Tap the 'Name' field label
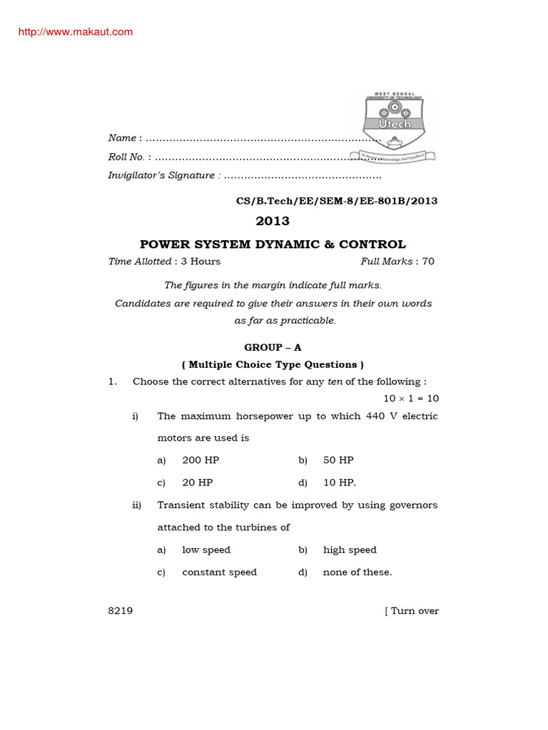click(122, 138)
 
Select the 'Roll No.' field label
click(126, 157)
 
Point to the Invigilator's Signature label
click(161, 175)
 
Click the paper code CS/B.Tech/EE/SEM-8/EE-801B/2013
click(337, 201)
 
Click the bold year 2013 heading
click(273, 221)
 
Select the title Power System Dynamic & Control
click(273, 245)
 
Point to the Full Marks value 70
click(428, 262)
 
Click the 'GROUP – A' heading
click(273, 347)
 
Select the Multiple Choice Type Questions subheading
click(273, 364)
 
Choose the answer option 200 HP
click(201, 460)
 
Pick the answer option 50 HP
click(338, 460)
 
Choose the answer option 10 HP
click(339, 483)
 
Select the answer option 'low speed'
click(206, 550)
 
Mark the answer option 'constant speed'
click(219, 572)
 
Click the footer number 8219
click(120, 611)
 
